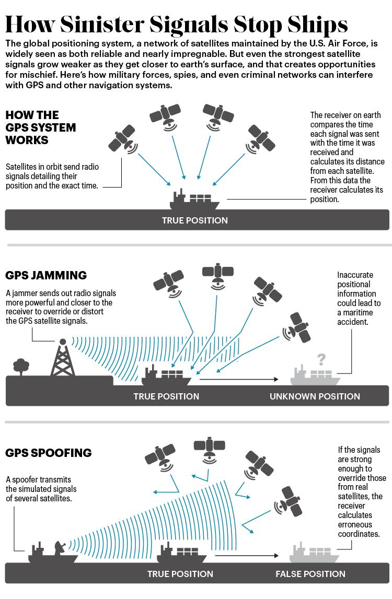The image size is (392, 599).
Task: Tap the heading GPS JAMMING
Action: point(46,275)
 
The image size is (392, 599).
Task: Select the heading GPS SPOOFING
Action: point(49,453)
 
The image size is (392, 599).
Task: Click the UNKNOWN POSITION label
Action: point(315,396)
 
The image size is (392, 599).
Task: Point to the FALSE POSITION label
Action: point(310,574)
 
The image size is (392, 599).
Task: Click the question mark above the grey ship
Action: point(321,359)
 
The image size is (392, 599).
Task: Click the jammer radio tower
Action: point(63,358)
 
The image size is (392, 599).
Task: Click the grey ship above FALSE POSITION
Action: point(314,553)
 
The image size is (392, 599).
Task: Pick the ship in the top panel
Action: point(194,199)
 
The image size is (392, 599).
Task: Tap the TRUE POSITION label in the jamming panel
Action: point(166,396)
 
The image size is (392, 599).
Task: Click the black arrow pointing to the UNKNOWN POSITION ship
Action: point(239,379)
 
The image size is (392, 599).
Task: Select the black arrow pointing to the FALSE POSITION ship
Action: point(247,556)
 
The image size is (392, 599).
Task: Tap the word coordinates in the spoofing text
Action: point(359,534)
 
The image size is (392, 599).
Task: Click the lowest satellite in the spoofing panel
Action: point(289,501)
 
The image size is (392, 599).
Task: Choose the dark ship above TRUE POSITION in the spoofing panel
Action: point(182,553)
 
